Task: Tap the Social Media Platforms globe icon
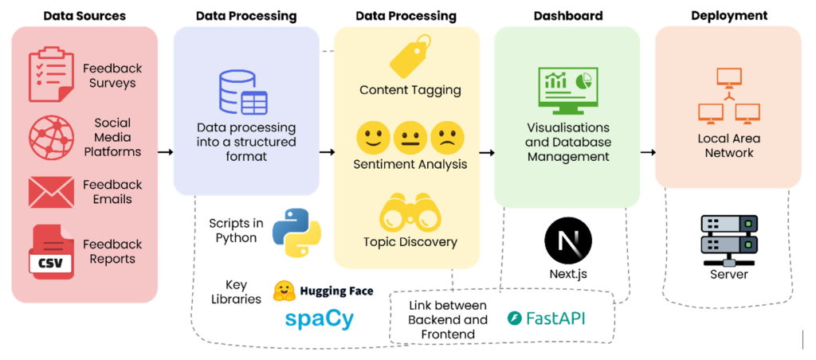(x=51, y=138)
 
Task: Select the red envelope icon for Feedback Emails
(x=51, y=192)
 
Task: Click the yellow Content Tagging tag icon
(x=410, y=56)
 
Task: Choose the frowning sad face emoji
(x=447, y=137)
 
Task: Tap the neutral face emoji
(x=409, y=137)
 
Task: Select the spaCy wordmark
(x=319, y=319)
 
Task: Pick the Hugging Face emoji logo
(x=284, y=292)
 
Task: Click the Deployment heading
(x=729, y=15)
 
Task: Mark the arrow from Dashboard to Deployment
(x=647, y=152)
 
